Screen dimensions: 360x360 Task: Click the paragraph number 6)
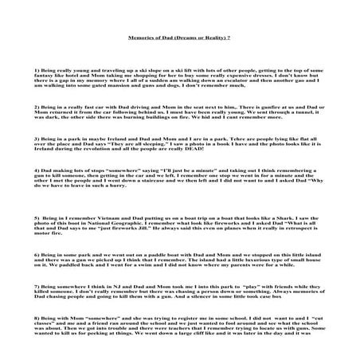(x=37, y=254)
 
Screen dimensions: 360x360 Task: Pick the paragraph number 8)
(x=37, y=315)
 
